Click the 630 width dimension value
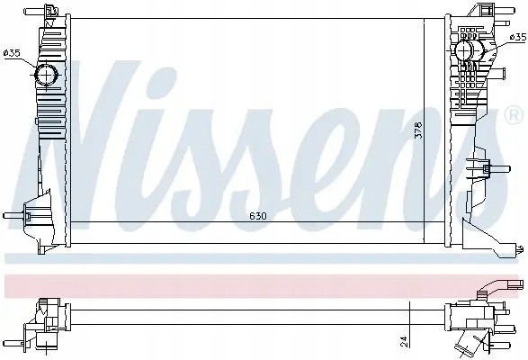click(x=258, y=216)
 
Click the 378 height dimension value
click(x=418, y=130)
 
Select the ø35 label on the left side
click(x=12, y=53)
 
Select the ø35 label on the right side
click(x=518, y=37)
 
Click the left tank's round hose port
click(x=46, y=74)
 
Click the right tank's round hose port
click(x=465, y=50)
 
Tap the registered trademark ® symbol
click(x=514, y=114)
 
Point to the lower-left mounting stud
click(x=13, y=215)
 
